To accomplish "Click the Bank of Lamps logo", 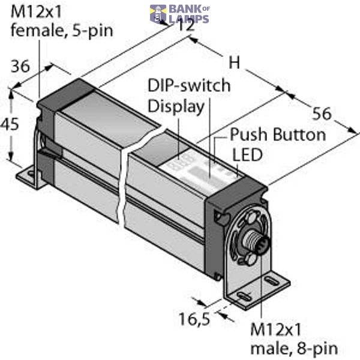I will (180, 14).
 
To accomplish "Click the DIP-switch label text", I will (189, 85).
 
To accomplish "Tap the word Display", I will (176, 106).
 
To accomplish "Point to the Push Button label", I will (278, 134).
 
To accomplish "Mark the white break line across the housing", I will (126, 180).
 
